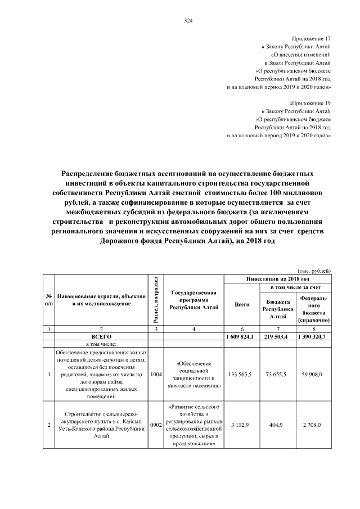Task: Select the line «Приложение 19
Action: [309, 104]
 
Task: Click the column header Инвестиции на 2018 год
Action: [278, 279]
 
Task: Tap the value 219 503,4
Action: [278, 336]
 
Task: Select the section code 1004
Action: [156, 374]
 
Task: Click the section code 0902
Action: [156, 426]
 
